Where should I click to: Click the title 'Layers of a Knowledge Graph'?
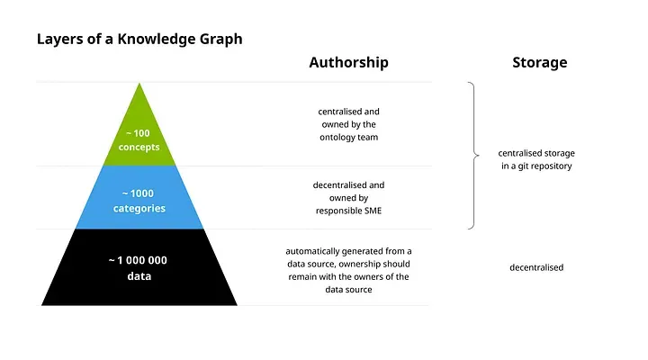139,40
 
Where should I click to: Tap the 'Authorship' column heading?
348,62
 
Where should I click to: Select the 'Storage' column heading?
540,62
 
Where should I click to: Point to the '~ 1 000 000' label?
138,260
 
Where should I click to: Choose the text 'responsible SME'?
348,211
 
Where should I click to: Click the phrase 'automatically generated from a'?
348,251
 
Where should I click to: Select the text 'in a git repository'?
536,166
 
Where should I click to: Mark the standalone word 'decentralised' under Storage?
536,267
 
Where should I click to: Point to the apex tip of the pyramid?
139,85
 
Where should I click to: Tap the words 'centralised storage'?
536,153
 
